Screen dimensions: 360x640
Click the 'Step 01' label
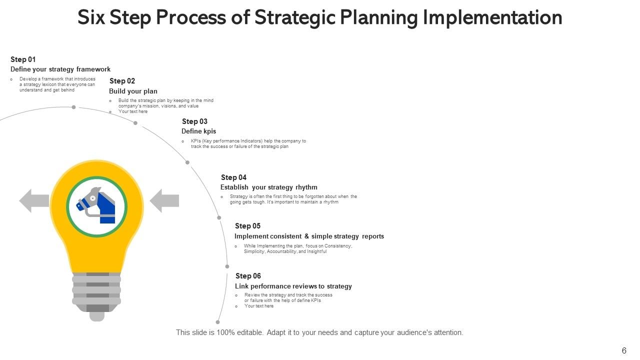[23, 59]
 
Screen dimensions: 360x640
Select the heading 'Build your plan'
[133, 91]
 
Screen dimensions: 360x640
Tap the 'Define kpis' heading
[198, 131]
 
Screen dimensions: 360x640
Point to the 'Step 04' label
[233, 177]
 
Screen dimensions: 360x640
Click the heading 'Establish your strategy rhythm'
[268, 187]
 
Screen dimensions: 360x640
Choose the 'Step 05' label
[247, 226]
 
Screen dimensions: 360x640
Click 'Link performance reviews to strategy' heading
[293, 286]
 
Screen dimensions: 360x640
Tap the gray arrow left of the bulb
[33, 200]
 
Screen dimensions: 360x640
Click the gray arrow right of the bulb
[164, 200]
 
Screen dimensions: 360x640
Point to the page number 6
[623, 351]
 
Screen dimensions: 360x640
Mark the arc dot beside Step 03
[187, 162]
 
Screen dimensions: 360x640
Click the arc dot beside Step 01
[73, 107]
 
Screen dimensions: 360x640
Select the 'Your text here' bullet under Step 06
[258, 306]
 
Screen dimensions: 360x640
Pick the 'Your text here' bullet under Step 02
[132, 111]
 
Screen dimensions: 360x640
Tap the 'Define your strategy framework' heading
[60, 69]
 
